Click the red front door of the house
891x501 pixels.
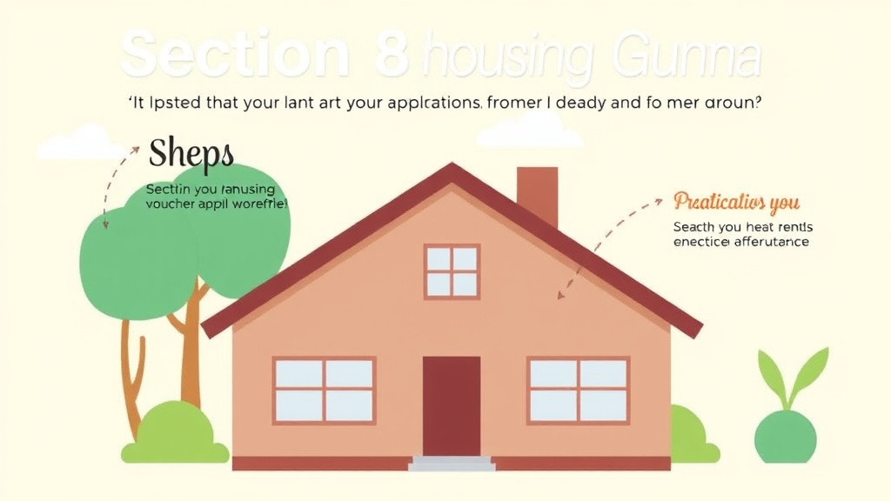pos(452,405)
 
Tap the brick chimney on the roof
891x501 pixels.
pos(537,195)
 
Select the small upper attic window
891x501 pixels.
pos(452,271)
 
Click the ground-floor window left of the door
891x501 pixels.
pos(324,391)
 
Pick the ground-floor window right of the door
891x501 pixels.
pos(579,391)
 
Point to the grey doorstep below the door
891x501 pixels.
pos(452,464)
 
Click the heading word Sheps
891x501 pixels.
pos(191,154)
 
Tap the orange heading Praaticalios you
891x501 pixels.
pos(736,203)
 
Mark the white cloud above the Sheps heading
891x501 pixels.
pos(84,143)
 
